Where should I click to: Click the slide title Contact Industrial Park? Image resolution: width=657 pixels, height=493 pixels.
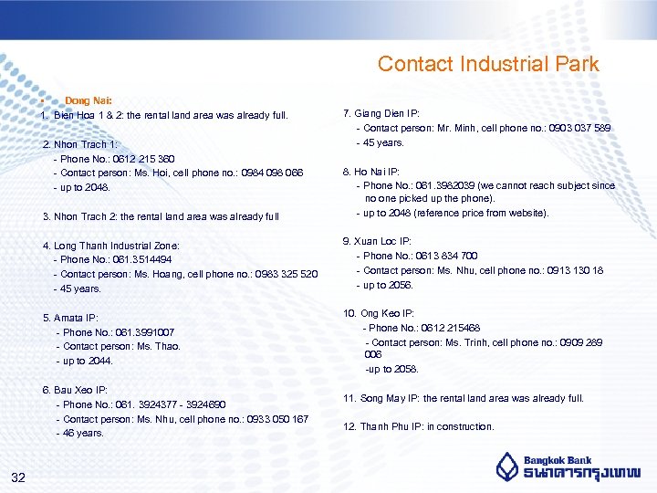[x=488, y=64]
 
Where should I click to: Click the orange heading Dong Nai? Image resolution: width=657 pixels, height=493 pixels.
[x=88, y=101]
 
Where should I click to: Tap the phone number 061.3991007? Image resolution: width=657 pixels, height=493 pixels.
[x=147, y=332]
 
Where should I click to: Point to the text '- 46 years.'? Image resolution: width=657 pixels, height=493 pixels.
[x=79, y=433]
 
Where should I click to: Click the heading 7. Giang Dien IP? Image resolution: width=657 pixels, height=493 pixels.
[x=381, y=113]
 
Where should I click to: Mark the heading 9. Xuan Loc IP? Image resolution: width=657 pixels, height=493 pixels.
[x=377, y=241]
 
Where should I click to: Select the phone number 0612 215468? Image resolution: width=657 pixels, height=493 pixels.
[x=451, y=328]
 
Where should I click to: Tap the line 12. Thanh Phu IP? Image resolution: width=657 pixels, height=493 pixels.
[x=418, y=426]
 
